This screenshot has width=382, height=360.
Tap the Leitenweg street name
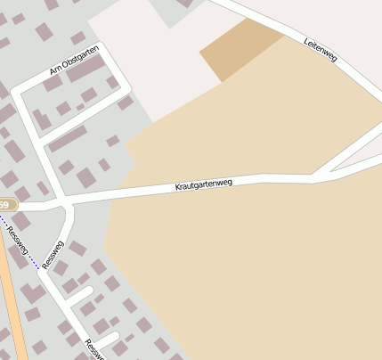[320, 50]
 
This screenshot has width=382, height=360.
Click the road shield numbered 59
[5, 205]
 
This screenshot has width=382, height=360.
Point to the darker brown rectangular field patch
[240, 50]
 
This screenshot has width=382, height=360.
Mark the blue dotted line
[27, 250]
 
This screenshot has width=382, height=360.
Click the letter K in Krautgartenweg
[177, 189]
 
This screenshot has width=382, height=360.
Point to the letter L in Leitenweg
[306, 41]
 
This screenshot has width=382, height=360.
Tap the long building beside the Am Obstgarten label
[85, 69]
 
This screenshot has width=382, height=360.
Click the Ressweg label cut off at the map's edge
[94, 349]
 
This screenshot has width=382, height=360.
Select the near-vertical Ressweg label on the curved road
[53, 254]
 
